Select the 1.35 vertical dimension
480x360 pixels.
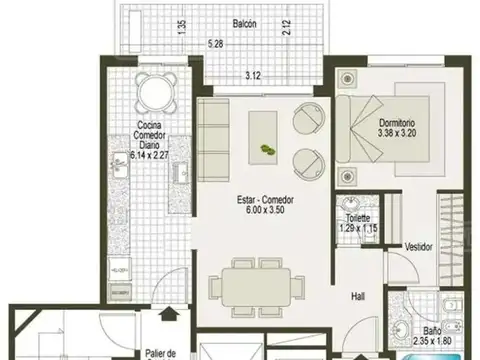(x=181, y=27)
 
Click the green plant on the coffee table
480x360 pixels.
(x=267, y=149)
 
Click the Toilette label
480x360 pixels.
(x=357, y=218)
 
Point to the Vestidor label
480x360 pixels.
(x=418, y=247)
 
